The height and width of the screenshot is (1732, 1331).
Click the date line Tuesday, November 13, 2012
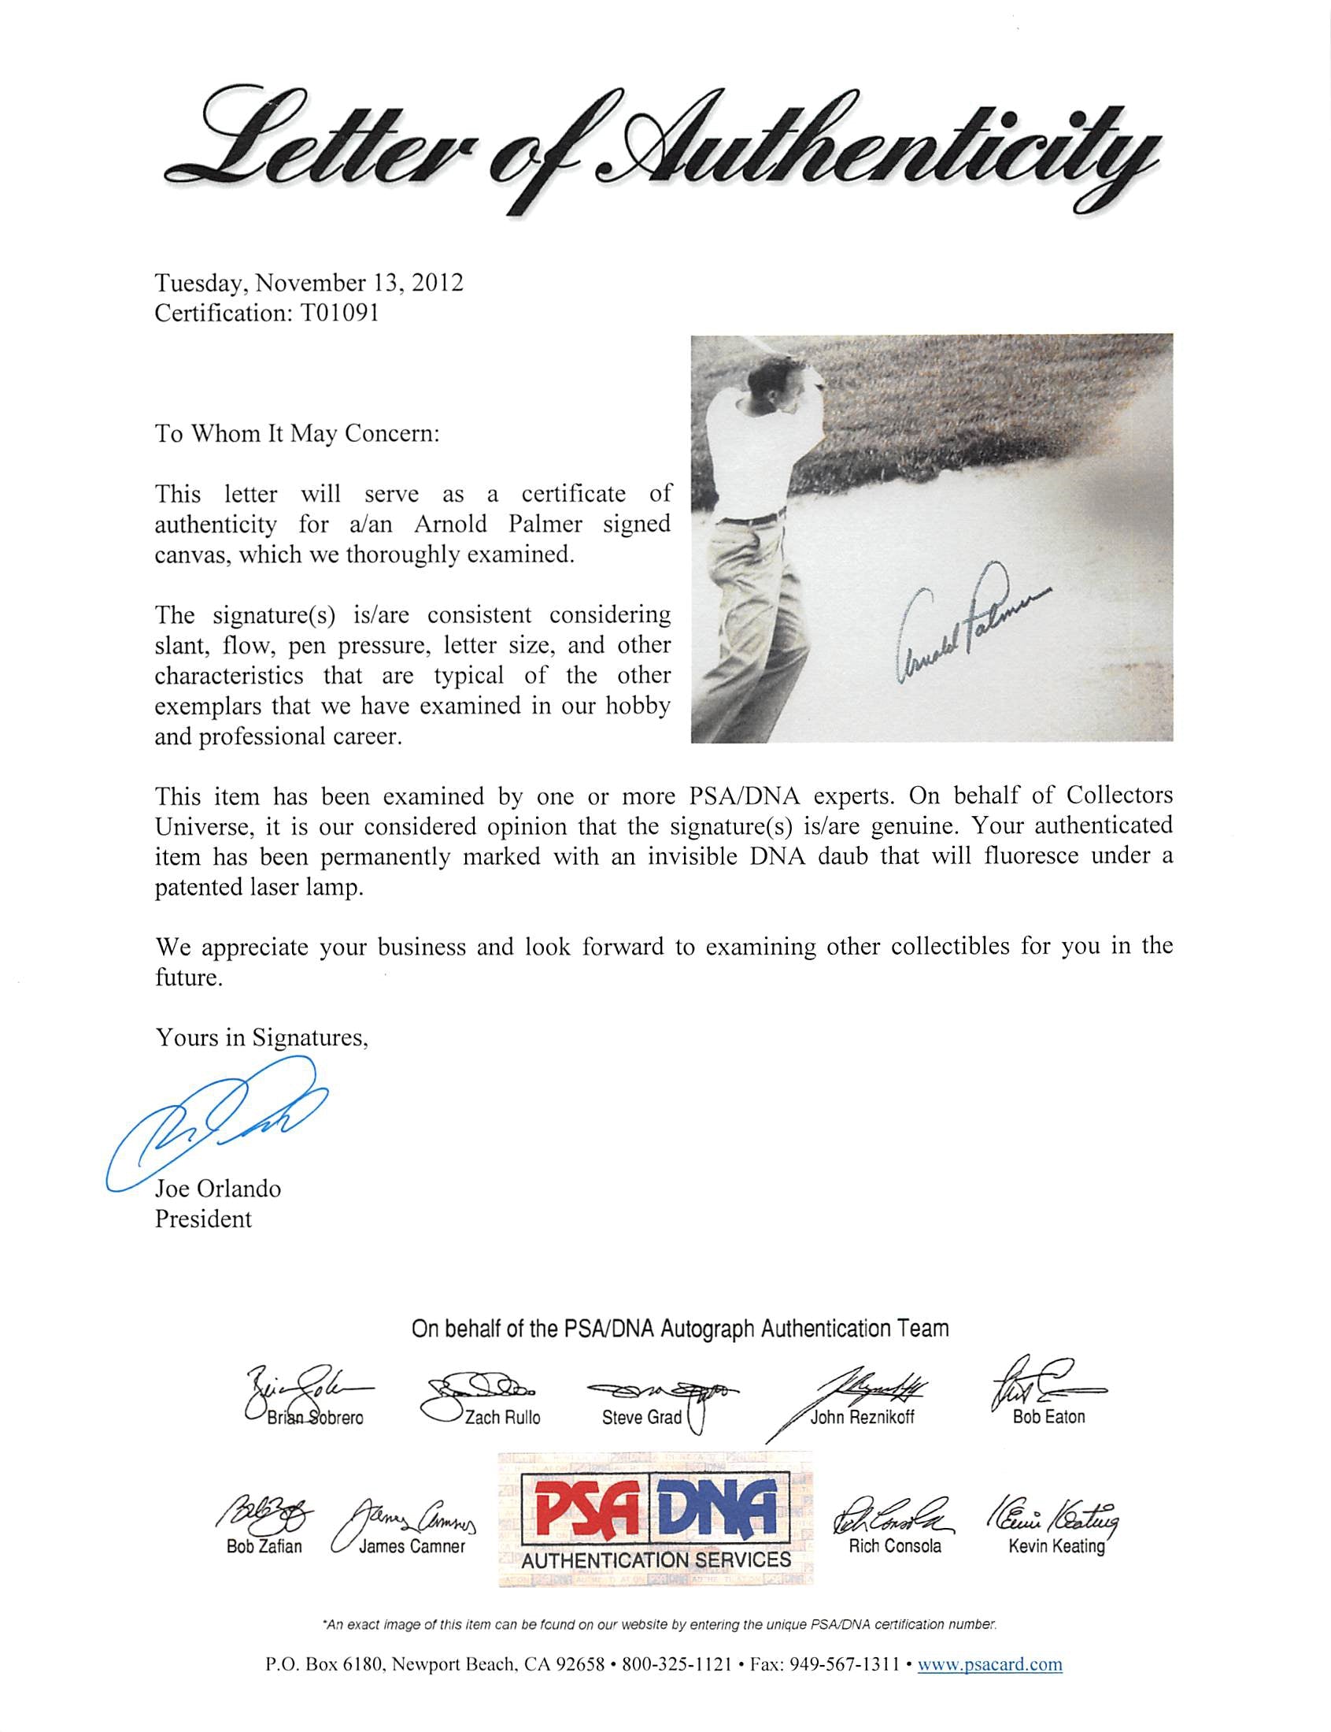tap(309, 283)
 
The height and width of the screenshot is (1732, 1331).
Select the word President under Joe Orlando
tap(203, 1218)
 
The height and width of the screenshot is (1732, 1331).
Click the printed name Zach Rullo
tap(502, 1417)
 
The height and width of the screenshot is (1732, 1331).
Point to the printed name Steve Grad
tap(641, 1417)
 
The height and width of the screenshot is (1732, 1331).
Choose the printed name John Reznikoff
tap(861, 1417)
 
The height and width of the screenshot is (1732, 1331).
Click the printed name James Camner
tap(412, 1547)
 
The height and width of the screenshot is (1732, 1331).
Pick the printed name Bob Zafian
tap(264, 1547)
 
